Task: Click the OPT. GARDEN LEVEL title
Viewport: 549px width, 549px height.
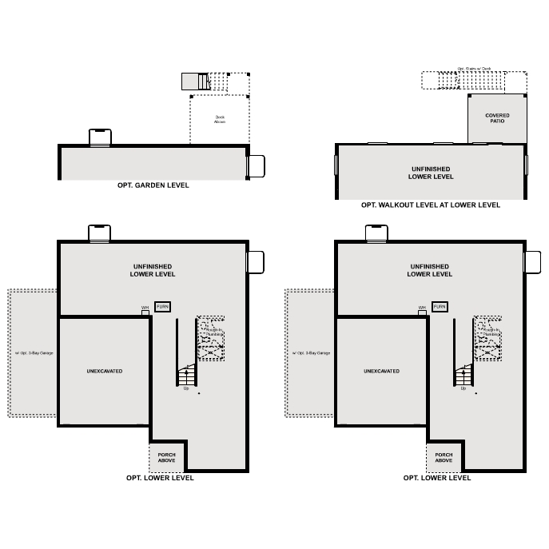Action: click(x=153, y=185)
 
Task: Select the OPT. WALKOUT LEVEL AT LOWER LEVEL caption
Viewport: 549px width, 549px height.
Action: click(x=430, y=205)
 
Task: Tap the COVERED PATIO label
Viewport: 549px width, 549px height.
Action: click(x=497, y=118)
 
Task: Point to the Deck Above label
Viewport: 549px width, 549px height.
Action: click(x=220, y=120)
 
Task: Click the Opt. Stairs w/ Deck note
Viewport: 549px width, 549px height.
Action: click(x=474, y=70)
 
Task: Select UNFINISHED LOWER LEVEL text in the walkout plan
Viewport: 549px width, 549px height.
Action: click(x=430, y=173)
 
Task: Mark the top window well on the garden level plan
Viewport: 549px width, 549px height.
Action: click(x=100, y=137)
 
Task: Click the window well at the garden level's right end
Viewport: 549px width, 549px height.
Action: click(x=256, y=165)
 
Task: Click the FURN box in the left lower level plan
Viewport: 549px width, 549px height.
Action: click(x=162, y=307)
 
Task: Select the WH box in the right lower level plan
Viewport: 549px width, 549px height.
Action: click(x=422, y=312)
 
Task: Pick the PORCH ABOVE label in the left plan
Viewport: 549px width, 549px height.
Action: click(x=166, y=457)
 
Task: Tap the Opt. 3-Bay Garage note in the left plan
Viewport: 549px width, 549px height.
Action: click(x=34, y=352)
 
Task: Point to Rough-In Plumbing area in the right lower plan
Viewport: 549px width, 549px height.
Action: click(x=488, y=338)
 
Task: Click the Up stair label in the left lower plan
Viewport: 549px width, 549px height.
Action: click(x=186, y=388)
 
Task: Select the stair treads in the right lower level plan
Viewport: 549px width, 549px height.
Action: click(x=463, y=376)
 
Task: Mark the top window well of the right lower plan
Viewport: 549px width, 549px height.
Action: click(x=377, y=233)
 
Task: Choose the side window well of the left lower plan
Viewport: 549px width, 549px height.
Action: click(x=256, y=262)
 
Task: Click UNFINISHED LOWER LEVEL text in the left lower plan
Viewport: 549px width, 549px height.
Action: click(x=153, y=270)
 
